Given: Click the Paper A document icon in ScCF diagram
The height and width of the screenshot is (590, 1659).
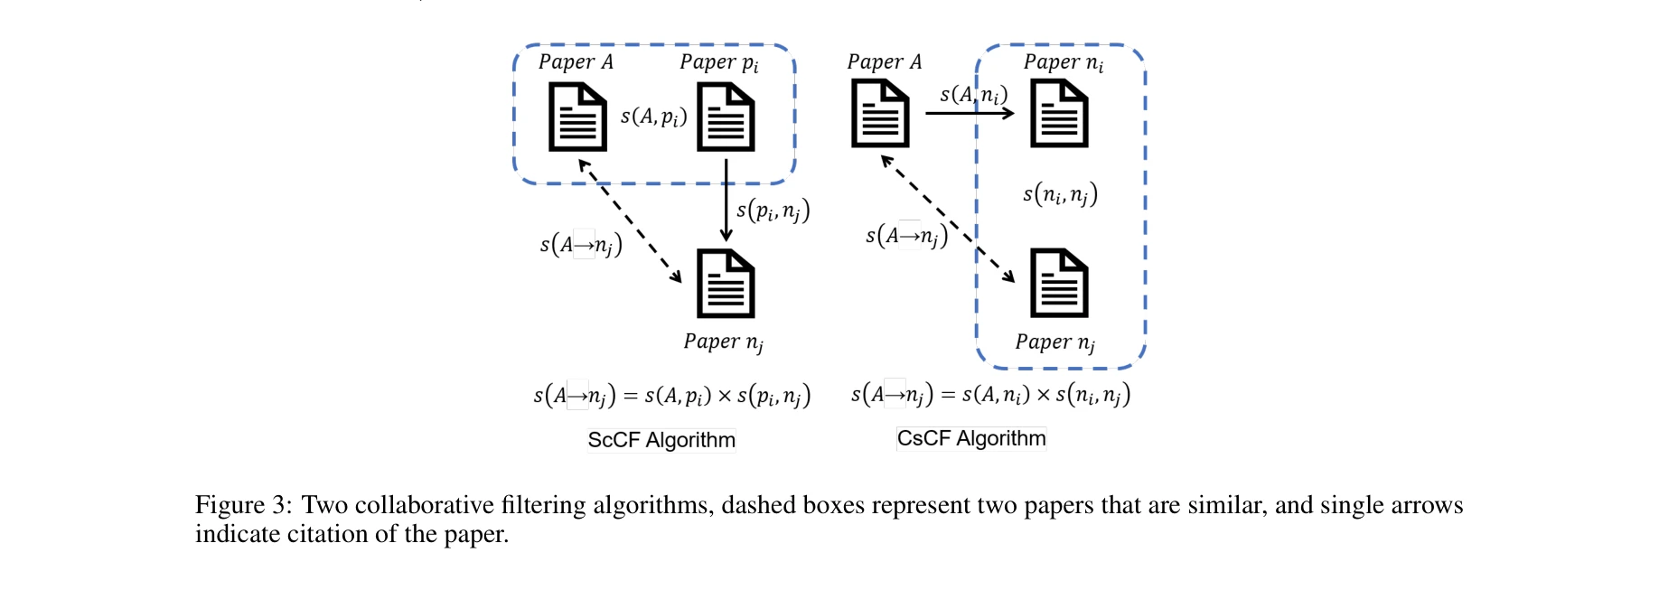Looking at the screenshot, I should click(x=577, y=117).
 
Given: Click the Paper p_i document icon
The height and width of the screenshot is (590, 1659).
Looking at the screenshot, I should click(x=726, y=117).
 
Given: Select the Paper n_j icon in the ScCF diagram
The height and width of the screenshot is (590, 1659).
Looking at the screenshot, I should click(x=726, y=284).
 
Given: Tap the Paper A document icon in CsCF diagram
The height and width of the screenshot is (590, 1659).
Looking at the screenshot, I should click(x=880, y=114).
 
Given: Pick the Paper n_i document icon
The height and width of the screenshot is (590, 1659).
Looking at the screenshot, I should click(x=1059, y=114).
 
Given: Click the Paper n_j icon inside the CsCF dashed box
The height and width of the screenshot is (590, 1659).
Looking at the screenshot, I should click(x=1059, y=283).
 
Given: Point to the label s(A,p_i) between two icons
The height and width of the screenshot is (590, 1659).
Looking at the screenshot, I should click(x=653, y=117).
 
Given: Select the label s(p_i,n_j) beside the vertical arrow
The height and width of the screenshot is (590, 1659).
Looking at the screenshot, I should click(x=773, y=211).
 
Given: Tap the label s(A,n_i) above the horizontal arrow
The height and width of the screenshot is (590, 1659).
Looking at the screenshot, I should click(x=973, y=94).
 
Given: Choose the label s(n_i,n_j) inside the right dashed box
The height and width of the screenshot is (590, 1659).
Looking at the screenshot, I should click(x=1060, y=193).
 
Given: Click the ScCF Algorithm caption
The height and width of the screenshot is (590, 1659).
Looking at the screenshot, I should click(x=661, y=440).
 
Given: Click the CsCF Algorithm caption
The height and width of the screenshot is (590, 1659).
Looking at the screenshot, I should click(x=971, y=438).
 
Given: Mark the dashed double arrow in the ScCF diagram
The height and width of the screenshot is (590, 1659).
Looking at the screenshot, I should click(x=630, y=221).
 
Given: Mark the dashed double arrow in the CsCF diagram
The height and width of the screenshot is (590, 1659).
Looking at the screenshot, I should click(x=947, y=219).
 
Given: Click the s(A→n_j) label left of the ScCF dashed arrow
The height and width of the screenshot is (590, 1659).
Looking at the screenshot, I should click(x=581, y=244).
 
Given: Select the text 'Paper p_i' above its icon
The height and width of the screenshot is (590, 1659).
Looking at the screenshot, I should click(x=718, y=62).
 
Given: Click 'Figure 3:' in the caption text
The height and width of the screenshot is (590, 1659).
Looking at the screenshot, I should click(x=242, y=505).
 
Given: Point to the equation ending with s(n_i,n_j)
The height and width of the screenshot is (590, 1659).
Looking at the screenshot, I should click(x=990, y=395).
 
